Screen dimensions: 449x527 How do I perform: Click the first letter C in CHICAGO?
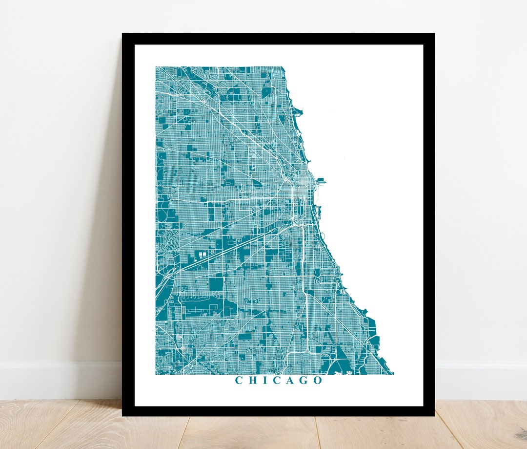[239, 380]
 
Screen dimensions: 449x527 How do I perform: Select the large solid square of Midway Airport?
[216, 284]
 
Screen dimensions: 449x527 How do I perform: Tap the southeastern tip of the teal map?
[392, 374]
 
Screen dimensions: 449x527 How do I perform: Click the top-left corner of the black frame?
[123, 34]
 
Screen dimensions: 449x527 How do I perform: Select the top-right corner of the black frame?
[433, 34]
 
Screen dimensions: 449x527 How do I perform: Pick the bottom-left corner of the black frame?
[123, 415]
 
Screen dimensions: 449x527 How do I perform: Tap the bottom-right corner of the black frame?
[433, 415]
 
